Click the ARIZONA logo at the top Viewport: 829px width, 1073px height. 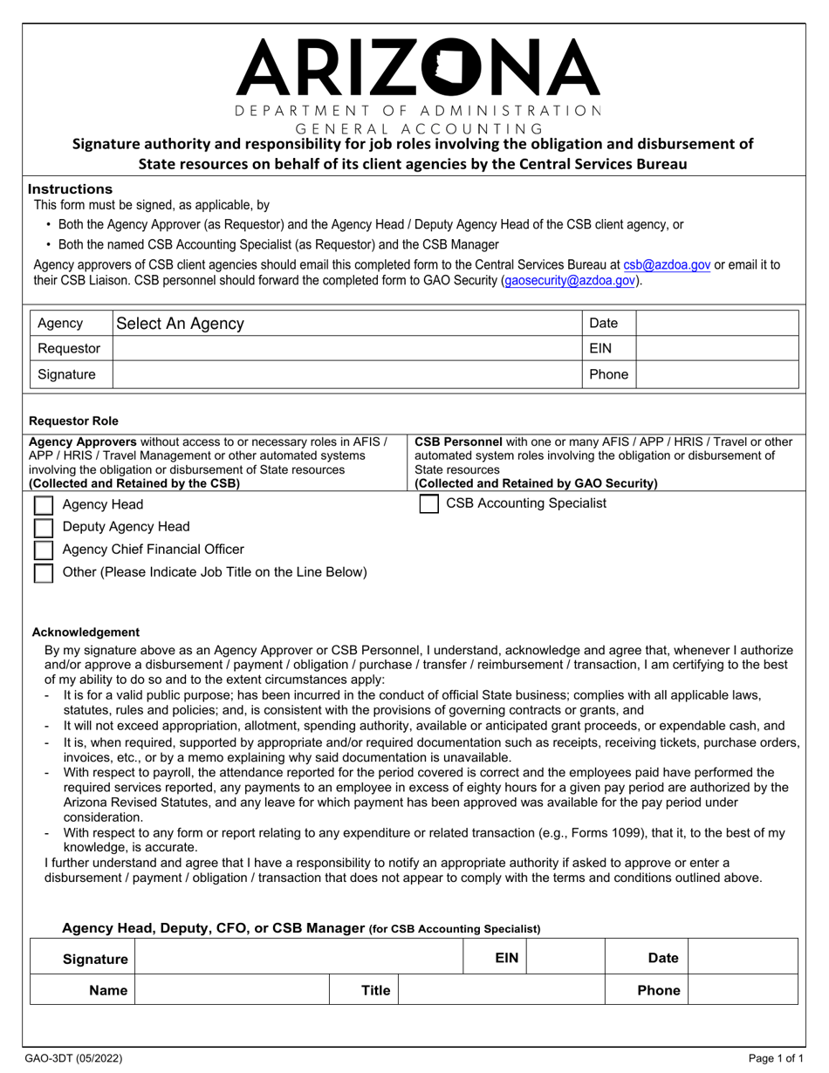pos(418,67)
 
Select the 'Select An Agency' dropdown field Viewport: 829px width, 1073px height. pos(347,324)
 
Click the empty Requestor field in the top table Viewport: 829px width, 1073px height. pos(347,349)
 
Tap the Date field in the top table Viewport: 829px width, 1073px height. pos(717,324)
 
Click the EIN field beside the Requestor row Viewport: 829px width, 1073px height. pos(717,349)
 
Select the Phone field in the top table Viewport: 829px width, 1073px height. pos(717,374)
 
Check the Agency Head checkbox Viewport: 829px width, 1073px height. pos(44,505)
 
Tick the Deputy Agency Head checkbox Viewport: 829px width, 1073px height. pos(44,527)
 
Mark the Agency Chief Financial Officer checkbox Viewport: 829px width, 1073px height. pos(44,550)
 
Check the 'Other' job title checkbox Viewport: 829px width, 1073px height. pos(44,572)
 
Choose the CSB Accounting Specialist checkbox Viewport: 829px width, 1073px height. pos(429,504)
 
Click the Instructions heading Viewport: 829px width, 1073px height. pos(70,189)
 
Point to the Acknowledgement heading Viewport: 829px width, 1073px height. pos(86,632)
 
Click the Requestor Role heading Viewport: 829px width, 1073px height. pos(74,420)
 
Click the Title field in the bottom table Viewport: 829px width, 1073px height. pos(502,991)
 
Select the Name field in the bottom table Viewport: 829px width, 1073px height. pos(231,991)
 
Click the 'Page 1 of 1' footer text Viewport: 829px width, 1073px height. pos(776,1059)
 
